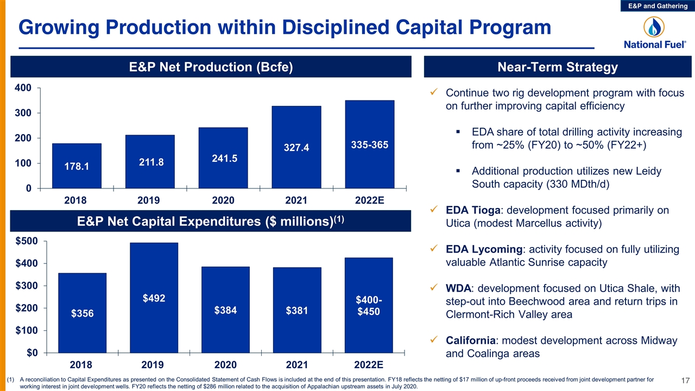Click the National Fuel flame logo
point(654,27)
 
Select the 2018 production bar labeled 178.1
point(77,166)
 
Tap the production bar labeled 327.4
point(296,147)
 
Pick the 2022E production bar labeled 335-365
point(370,144)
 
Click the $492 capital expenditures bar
point(154,298)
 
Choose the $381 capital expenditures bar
point(297,310)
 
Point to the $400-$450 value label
point(369,305)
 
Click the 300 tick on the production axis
point(23,113)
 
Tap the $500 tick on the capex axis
point(27,241)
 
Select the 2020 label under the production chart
point(223,200)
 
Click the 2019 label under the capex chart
point(153,364)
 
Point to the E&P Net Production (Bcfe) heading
point(211,67)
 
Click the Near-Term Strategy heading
point(558,67)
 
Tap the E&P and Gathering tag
point(658,6)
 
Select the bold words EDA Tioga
point(473,210)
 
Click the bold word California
point(470,340)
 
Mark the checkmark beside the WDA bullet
point(434,287)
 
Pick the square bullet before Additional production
point(458,171)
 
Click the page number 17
point(685,381)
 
